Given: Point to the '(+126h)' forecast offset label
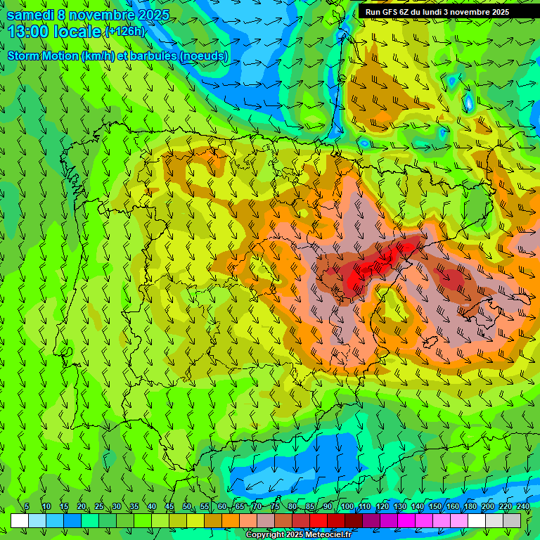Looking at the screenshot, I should pos(124,32).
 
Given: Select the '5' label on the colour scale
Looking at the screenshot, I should pos(27,507).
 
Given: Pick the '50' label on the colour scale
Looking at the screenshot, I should pos(187,507).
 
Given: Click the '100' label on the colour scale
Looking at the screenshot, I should pos(347,507).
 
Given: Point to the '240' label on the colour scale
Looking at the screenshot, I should pos(523,507).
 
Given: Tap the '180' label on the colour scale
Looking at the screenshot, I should pos(470,507).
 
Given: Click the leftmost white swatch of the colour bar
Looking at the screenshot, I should pos(20,520).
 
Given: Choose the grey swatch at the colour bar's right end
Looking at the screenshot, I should pos(513,520).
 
